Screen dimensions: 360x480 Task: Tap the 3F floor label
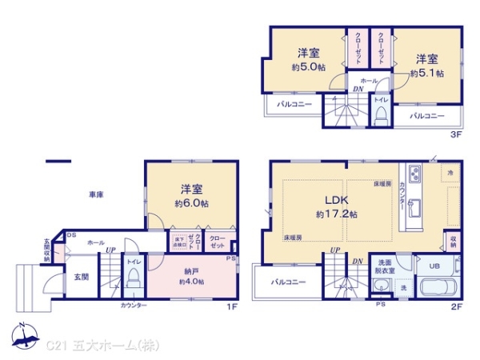tap(456, 135)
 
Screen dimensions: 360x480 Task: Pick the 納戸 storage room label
tap(191, 270)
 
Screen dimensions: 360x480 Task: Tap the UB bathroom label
tap(435, 266)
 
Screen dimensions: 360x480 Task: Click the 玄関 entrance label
tap(82, 278)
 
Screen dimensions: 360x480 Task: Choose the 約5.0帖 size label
tap(308, 68)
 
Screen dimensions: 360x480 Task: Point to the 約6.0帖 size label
tap(191, 204)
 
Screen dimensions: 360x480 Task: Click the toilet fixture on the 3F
tap(381, 115)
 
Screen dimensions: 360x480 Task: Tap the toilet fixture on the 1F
tap(133, 278)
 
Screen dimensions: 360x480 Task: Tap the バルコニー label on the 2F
tap(284, 282)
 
